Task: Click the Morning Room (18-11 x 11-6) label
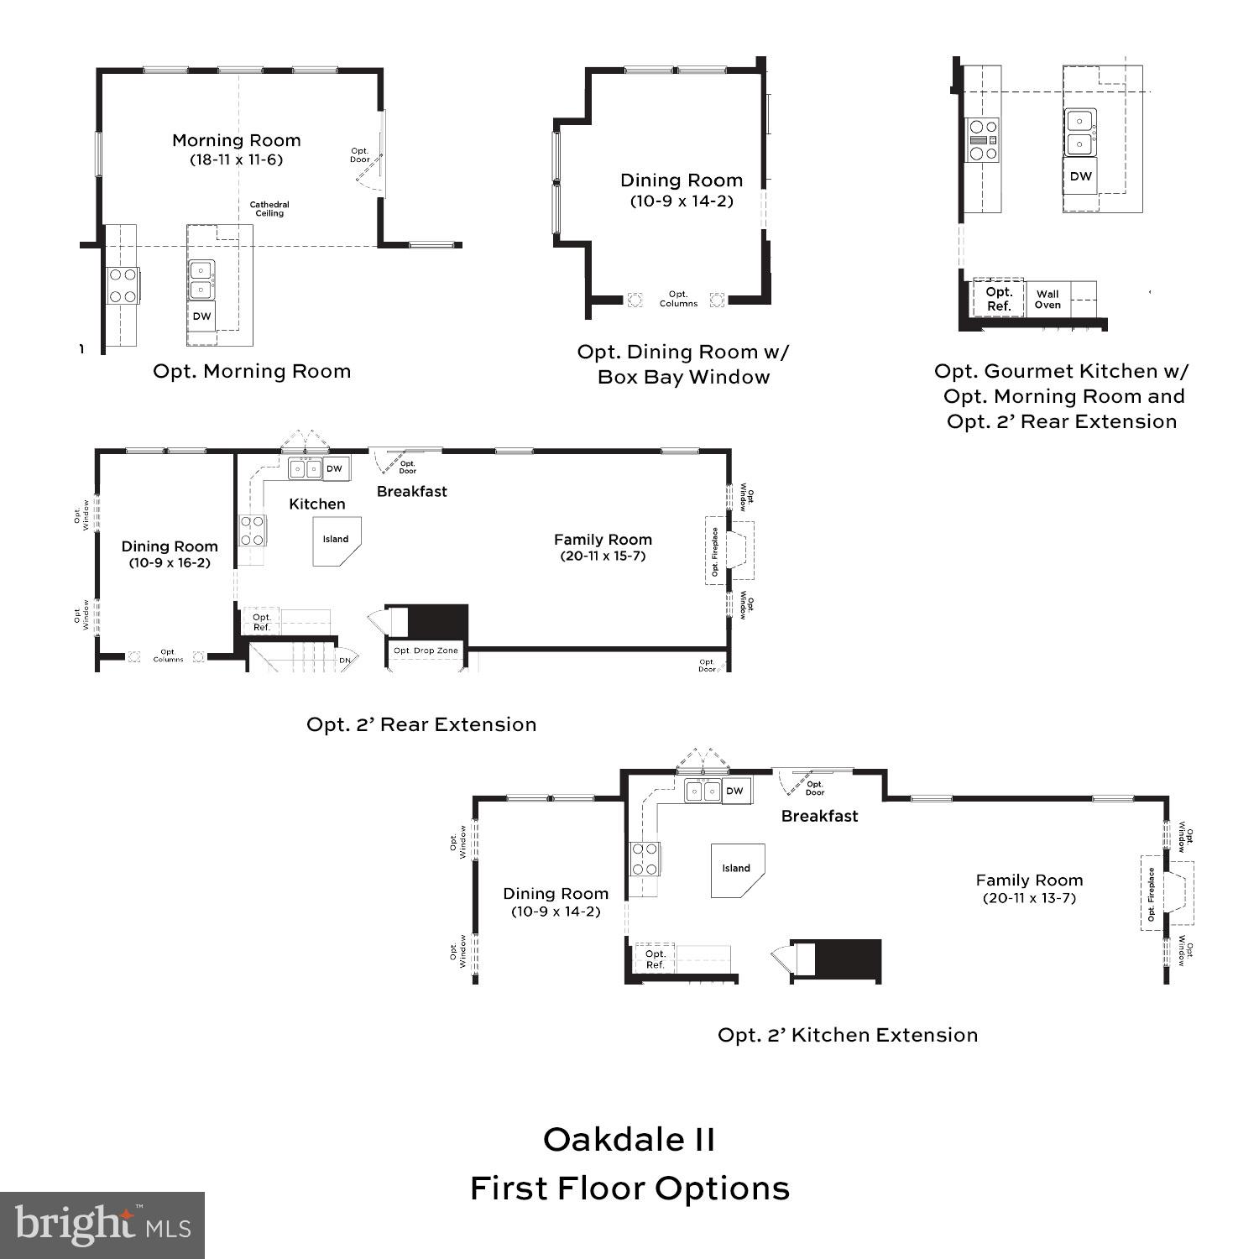point(236,149)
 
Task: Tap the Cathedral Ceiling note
point(269,209)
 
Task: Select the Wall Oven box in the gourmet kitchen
point(1047,299)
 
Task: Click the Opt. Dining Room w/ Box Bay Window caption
point(683,364)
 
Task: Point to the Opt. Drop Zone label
point(426,650)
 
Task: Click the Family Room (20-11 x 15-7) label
point(603,547)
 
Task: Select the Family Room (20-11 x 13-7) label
point(1029,888)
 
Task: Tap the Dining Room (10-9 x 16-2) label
point(170,554)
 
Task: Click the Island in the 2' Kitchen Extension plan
point(737,869)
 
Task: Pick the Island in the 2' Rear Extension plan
point(336,540)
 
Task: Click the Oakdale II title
point(629,1139)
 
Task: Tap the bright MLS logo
point(102,1225)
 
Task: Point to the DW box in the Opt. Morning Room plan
point(201,316)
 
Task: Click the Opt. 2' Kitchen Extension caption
point(848,1035)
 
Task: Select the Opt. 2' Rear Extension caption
point(421,724)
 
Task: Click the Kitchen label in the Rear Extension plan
point(316,504)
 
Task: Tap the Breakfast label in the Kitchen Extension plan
point(819,816)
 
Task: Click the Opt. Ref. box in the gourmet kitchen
point(999,299)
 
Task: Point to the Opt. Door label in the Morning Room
point(360,155)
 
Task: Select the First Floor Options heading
point(629,1188)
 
